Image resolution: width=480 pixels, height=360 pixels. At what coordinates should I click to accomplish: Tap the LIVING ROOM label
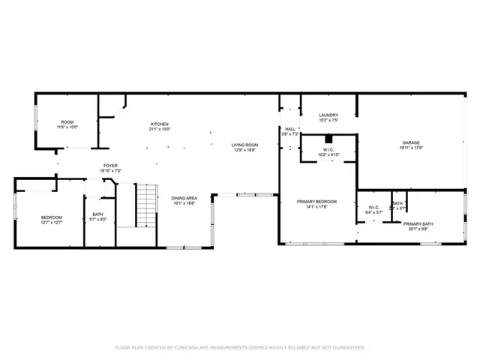[x=244, y=145]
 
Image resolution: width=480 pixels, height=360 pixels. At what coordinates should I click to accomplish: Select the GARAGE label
[x=410, y=142]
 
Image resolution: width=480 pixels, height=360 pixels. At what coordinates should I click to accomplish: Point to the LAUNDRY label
[x=328, y=115]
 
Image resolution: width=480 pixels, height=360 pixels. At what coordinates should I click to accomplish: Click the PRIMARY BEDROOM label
[x=320, y=201]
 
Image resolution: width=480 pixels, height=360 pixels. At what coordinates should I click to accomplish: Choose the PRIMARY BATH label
[x=418, y=224]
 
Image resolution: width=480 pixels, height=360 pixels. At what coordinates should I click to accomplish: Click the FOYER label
[x=111, y=166]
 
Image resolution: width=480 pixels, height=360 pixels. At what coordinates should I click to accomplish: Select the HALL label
[x=289, y=129]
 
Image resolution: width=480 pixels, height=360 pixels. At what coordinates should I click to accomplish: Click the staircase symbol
[x=146, y=206]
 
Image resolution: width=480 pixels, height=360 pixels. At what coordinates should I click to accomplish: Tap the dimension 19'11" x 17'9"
[x=410, y=148]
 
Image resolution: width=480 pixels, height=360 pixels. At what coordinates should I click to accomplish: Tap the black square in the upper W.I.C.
[x=328, y=139]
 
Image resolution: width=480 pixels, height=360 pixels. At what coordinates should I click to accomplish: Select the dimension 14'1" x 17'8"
[x=320, y=206]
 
